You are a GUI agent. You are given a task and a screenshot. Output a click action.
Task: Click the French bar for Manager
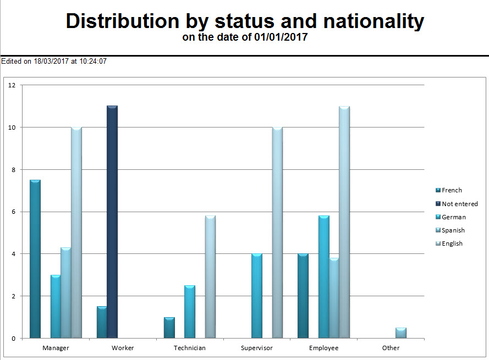point(35,259)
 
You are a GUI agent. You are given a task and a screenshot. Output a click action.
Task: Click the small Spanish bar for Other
point(401,333)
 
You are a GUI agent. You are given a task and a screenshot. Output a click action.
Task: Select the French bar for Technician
point(169,328)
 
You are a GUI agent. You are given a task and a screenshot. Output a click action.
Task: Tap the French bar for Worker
point(102,322)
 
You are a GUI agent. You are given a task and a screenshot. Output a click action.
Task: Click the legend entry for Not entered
point(459,204)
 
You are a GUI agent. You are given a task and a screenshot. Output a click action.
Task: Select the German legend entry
point(453,217)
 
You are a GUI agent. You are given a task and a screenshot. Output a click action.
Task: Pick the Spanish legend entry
point(453,230)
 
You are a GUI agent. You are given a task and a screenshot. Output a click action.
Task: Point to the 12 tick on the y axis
point(13,85)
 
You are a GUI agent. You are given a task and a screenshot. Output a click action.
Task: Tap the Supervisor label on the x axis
point(257,348)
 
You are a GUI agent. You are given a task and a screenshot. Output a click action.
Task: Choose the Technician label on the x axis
point(190,348)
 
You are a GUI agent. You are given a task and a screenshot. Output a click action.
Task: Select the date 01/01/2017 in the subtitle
point(281,37)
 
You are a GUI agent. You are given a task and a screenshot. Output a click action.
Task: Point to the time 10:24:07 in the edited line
point(93,62)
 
